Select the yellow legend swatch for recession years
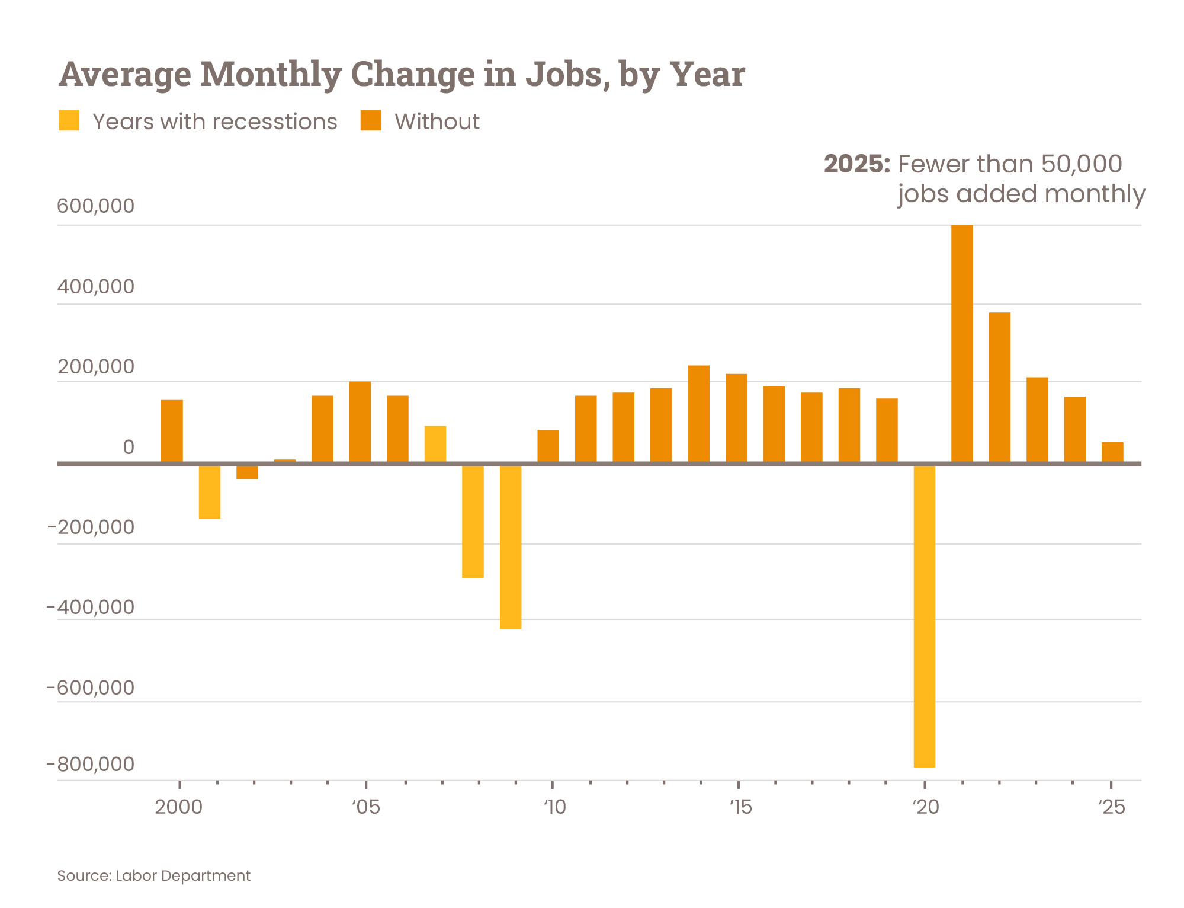click(x=69, y=120)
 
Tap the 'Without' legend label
click(x=437, y=122)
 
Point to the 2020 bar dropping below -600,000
click(x=924, y=616)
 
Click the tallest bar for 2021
click(x=961, y=344)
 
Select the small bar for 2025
click(x=1112, y=452)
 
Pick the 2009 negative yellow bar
click(x=510, y=546)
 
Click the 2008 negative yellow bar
click(x=473, y=521)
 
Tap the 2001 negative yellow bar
click(x=210, y=491)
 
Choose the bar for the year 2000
click(x=172, y=431)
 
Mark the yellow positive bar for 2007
click(x=435, y=443)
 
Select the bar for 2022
click(x=999, y=387)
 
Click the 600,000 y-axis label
click(x=95, y=206)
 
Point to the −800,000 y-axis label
click(x=91, y=764)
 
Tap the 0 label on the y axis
click(x=128, y=447)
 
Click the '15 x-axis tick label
click(x=739, y=807)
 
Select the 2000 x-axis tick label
click(x=178, y=807)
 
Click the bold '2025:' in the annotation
click(x=856, y=164)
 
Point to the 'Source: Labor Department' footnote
click(x=153, y=875)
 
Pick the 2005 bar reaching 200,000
click(x=360, y=421)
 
